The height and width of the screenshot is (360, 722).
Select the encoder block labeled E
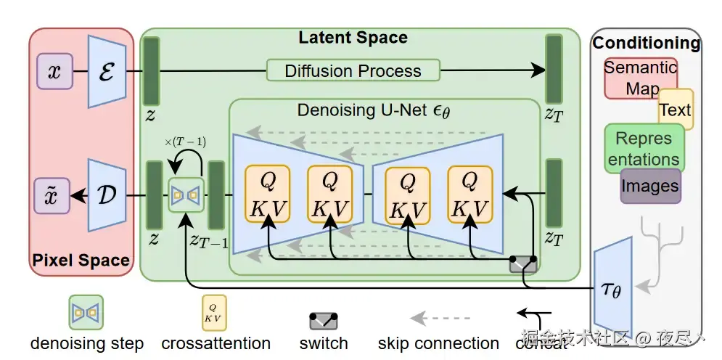click(107, 72)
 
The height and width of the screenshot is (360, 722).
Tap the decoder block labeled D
click(107, 195)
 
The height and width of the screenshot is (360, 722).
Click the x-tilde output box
click(52, 195)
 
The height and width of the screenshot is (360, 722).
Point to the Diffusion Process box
click(353, 70)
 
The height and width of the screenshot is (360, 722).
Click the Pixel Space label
click(81, 259)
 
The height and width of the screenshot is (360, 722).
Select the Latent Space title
click(353, 37)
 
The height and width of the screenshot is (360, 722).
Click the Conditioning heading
click(647, 43)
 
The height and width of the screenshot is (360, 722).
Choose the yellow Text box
click(676, 110)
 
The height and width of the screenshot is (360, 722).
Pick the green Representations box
click(643, 148)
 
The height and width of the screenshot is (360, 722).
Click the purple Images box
click(650, 186)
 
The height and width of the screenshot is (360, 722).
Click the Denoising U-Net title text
click(374, 111)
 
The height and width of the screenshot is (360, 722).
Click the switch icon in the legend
click(324, 320)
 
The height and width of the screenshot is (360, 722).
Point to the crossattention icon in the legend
click(213, 312)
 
